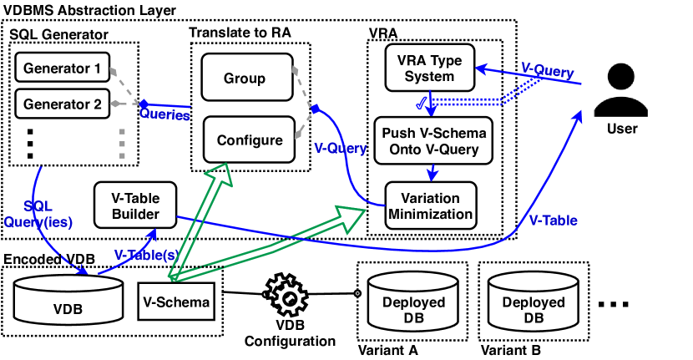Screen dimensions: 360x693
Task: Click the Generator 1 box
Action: coord(63,67)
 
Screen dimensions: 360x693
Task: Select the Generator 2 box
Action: coord(63,104)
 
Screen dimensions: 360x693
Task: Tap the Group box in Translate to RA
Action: coord(245,79)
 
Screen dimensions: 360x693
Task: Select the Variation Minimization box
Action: coord(430,205)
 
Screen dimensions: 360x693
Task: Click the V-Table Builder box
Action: coord(135,205)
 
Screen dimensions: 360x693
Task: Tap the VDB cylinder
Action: coord(68,300)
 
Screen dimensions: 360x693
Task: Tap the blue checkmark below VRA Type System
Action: coord(423,104)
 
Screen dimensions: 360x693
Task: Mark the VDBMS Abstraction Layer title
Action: coord(89,10)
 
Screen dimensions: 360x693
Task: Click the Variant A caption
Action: coord(387,350)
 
